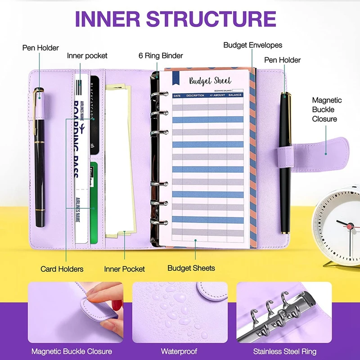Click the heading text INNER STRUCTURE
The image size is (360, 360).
(175, 18)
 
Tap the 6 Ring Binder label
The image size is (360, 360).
(161, 56)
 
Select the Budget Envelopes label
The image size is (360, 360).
(252, 45)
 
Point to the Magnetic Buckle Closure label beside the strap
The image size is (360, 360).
(327, 109)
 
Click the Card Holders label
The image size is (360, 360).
(62, 269)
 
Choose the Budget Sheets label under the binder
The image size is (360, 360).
(191, 268)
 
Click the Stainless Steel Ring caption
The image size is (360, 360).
(284, 351)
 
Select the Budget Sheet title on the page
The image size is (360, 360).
(210, 81)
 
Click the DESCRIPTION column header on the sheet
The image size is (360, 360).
(195, 95)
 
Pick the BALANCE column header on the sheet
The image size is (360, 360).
(234, 95)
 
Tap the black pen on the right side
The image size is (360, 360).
(285, 162)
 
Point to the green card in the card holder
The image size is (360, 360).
(94, 202)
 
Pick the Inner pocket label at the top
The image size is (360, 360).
(87, 56)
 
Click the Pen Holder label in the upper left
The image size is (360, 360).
(40, 48)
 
